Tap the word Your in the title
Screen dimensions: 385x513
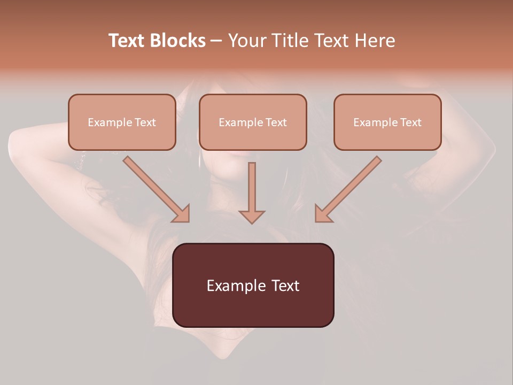click(x=248, y=41)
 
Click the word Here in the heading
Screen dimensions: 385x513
click(x=375, y=41)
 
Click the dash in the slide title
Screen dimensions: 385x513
click(x=216, y=41)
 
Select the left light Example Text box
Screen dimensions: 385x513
click(x=122, y=122)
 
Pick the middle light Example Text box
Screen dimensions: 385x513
click(x=253, y=122)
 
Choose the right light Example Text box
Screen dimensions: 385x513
click(x=387, y=122)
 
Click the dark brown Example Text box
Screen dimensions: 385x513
click(x=253, y=285)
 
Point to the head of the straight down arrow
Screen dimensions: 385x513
click(x=252, y=217)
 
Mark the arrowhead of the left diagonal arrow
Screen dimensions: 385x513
click(x=182, y=214)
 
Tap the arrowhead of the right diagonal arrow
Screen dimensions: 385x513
click(x=323, y=214)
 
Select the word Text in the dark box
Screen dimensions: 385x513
click(x=285, y=286)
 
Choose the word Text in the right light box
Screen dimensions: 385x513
click(x=410, y=122)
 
